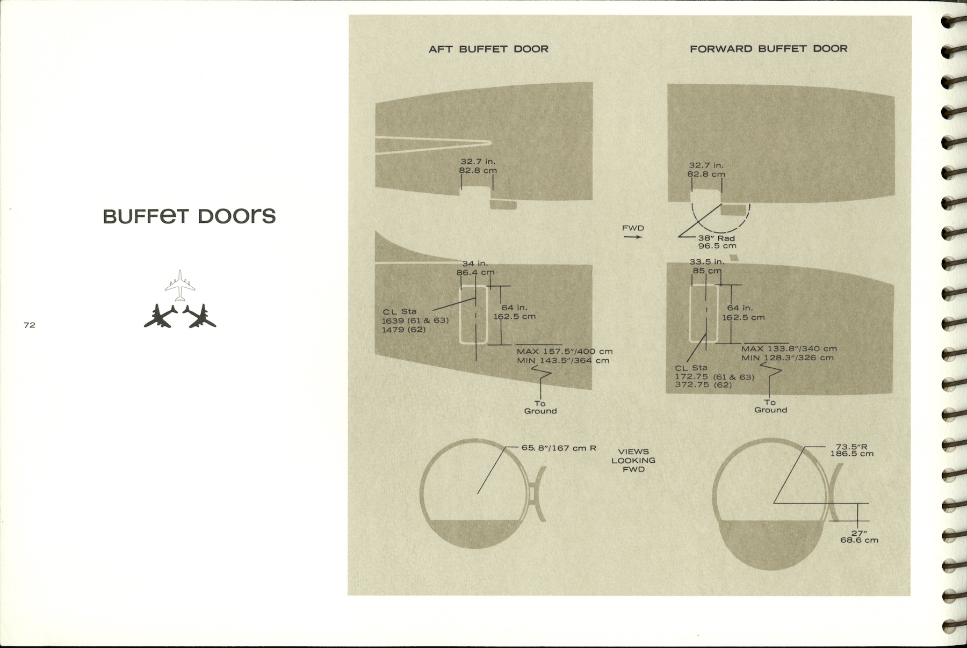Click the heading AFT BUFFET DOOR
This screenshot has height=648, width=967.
click(x=488, y=49)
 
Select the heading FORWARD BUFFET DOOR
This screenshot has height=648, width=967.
click(x=768, y=49)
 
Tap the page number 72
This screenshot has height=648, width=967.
click(x=30, y=325)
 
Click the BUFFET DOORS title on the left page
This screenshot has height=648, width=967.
click(x=189, y=216)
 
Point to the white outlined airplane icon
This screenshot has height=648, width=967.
click(x=180, y=286)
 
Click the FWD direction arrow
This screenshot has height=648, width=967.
click(x=633, y=236)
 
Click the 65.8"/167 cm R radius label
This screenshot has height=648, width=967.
click(x=559, y=447)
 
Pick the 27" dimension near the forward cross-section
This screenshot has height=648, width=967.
click(x=859, y=533)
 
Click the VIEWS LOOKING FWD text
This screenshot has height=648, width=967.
click(x=633, y=460)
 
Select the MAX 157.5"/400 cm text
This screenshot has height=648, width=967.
click(x=564, y=352)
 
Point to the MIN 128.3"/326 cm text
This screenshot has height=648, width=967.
click(x=788, y=358)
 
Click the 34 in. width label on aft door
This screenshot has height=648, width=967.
click(x=475, y=264)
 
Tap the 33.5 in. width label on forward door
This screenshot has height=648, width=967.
click(x=706, y=262)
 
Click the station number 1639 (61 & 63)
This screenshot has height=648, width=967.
click(x=415, y=321)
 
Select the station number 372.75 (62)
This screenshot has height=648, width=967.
click(x=703, y=384)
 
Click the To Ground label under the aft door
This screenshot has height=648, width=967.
click(x=540, y=407)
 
